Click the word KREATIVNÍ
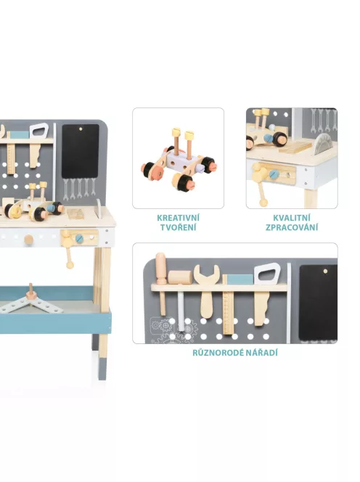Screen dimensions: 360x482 pyautogui.click(x=178, y=218)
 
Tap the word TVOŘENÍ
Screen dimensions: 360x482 pyautogui.click(x=178, y=227)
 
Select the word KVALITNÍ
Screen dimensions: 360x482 pyautogui.click(x=292, y=218)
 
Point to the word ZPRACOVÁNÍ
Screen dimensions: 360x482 pyautogui.click(x=292, y=227)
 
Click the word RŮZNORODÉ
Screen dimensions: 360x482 pyautogui.click(x=213, y=353)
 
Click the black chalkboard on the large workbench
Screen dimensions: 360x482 pyautogui.click(x=81, y=151)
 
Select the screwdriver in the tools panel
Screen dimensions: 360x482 pyautogui.click(x=161, y=284)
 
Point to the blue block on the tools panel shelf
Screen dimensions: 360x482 pyautogui.click(x=240, y=279)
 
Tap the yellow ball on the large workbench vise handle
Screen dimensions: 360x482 pyautogui.click(x=70, y=265)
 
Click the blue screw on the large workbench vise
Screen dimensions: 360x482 pyautogui.click(x=79, y=238)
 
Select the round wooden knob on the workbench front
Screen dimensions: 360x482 pyautogui.click(x=28, y=240)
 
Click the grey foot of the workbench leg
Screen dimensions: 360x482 pyautogui.click(x=103, y=369)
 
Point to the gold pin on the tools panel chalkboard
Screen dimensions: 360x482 pyautogui.click(x=325, y=271)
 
